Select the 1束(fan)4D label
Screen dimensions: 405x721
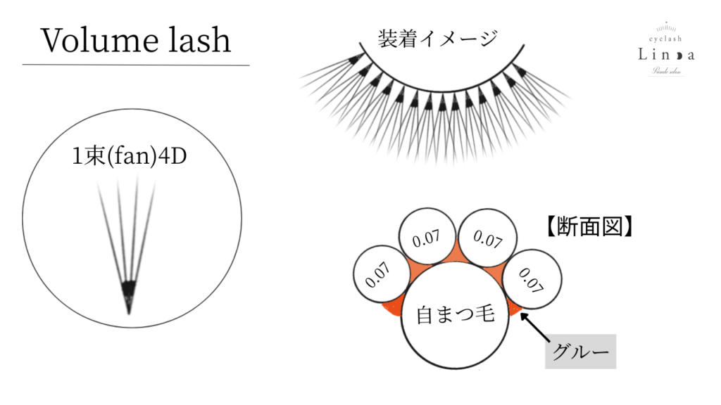(130, 156)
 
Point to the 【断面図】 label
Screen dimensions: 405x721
(587, 227)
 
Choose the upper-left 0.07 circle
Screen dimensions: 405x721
(426, 238)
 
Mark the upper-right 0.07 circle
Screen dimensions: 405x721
(486, 238)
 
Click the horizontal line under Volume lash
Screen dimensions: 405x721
(136, 65)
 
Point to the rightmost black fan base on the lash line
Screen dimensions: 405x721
(520, 70)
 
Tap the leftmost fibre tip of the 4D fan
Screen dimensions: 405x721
(99, 185)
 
